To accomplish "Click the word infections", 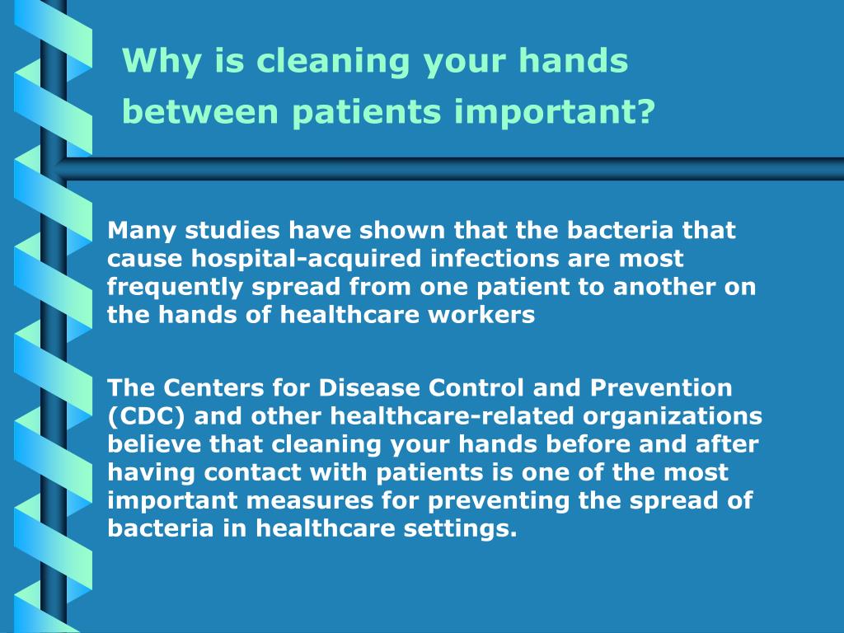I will pyautogui.click(x=495, y=259).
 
